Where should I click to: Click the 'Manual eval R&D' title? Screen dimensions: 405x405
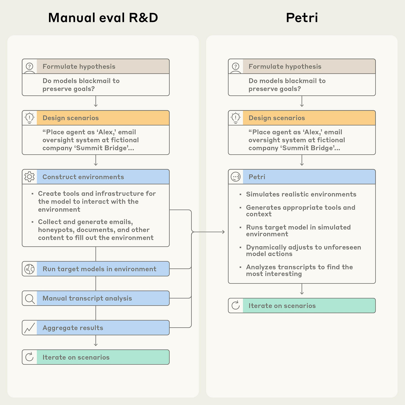click(103, 18)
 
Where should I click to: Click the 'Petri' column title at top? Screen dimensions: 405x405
click(302, 18)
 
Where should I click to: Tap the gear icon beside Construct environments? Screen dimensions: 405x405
click(29, 177)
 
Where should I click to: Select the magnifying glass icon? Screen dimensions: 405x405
click(29, 298)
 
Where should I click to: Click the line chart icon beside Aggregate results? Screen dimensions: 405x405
click(29, 328)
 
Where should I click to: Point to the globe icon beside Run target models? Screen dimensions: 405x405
click(29, 269)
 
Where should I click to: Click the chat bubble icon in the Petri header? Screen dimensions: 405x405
click(236, 177)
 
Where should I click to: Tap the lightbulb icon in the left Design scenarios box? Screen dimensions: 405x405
click(29, 118)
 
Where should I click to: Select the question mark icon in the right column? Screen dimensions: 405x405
click(236, 66)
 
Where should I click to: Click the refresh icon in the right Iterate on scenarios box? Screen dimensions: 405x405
click(236, 305)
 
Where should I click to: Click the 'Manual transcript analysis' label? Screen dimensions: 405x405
click(87, 298)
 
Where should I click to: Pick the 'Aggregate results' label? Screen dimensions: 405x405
click(73, 328)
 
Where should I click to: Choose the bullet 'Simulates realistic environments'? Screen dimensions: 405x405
click(301, 194)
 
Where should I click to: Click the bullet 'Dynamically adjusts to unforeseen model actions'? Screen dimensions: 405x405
click(303, 250)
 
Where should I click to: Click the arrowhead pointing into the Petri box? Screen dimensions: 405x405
click(223, 232)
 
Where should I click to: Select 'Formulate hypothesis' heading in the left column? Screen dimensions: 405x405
click(79, 66)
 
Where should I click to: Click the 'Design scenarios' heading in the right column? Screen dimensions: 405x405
click(276, 118)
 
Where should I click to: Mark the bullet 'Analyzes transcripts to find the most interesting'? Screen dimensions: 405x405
click(299, 270)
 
